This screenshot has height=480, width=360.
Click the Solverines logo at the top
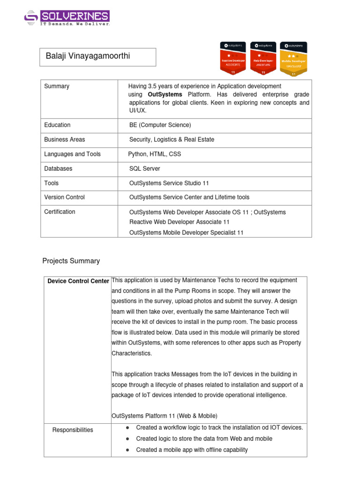point(67,18)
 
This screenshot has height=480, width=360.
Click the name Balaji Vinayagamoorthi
point(88,57)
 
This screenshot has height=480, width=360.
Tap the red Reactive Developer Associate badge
point(232,59)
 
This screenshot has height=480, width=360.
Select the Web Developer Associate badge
point(263,59)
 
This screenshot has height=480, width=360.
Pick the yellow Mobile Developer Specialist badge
point(294,59)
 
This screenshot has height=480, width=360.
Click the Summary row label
point(57,86)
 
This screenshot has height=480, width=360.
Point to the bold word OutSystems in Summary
point(162,94)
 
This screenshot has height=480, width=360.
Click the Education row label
point(57,125)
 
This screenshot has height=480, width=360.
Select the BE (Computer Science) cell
point(160,125)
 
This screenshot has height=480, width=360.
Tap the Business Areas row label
point(65,140)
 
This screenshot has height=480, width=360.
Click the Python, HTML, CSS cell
point(155,154)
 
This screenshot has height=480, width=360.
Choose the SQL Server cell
point(145,169)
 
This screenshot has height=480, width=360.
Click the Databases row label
point(58,169)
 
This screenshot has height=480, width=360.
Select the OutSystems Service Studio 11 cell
point(169,183)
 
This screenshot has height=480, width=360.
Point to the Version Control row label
point(65,197)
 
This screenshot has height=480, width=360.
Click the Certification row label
point(60,212)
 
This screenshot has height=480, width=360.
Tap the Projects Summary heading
point(71,261)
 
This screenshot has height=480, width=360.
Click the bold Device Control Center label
point(78,281)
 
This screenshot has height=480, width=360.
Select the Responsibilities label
point(73,430)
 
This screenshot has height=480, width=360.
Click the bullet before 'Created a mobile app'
point(128,450)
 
